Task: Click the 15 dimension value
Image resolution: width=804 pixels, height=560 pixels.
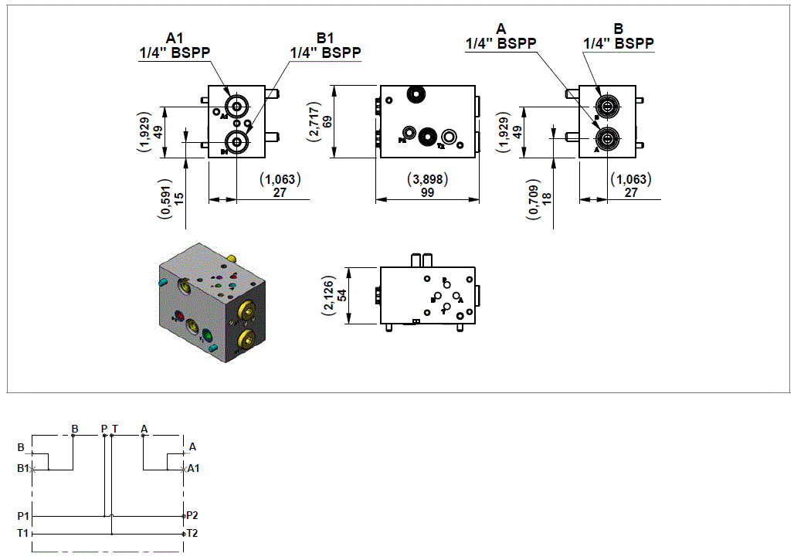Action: pyautogui.click(x=179, y=199)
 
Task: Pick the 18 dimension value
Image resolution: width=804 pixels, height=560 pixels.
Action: pyautogui.click(x=548, y=199)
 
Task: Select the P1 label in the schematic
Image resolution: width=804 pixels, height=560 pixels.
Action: pyautogui.click(x=23, y=515)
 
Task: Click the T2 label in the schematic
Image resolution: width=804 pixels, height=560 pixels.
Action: pyautogui.click(x=192, y=533)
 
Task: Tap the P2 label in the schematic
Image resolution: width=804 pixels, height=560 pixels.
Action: pyautogui.click(x=192, y=515)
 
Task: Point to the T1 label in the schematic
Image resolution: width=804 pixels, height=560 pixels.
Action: pyautogui.click(x=23, y=533)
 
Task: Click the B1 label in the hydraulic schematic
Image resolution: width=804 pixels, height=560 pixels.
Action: pyautogui.click(x=22, y=468)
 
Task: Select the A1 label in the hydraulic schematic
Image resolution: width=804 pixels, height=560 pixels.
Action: pyautogui.click(x=193, y=468)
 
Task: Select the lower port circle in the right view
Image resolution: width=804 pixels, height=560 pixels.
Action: pyautogui.click(x=607, y=138)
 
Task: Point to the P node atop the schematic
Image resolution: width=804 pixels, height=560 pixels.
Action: pyautogui.click(x=104, y=435)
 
